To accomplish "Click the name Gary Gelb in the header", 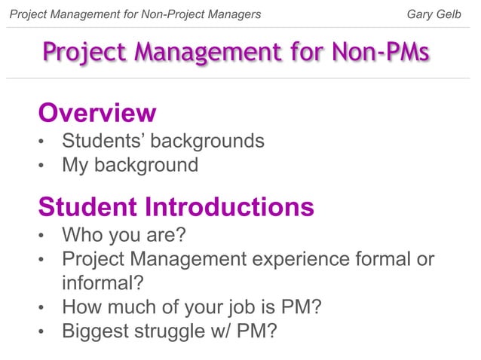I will click(434, 14).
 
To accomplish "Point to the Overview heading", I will click(97, 113).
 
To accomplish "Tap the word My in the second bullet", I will click(75, 164).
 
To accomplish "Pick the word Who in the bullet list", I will click(84, 236).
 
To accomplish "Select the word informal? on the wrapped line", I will click(103, 283).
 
